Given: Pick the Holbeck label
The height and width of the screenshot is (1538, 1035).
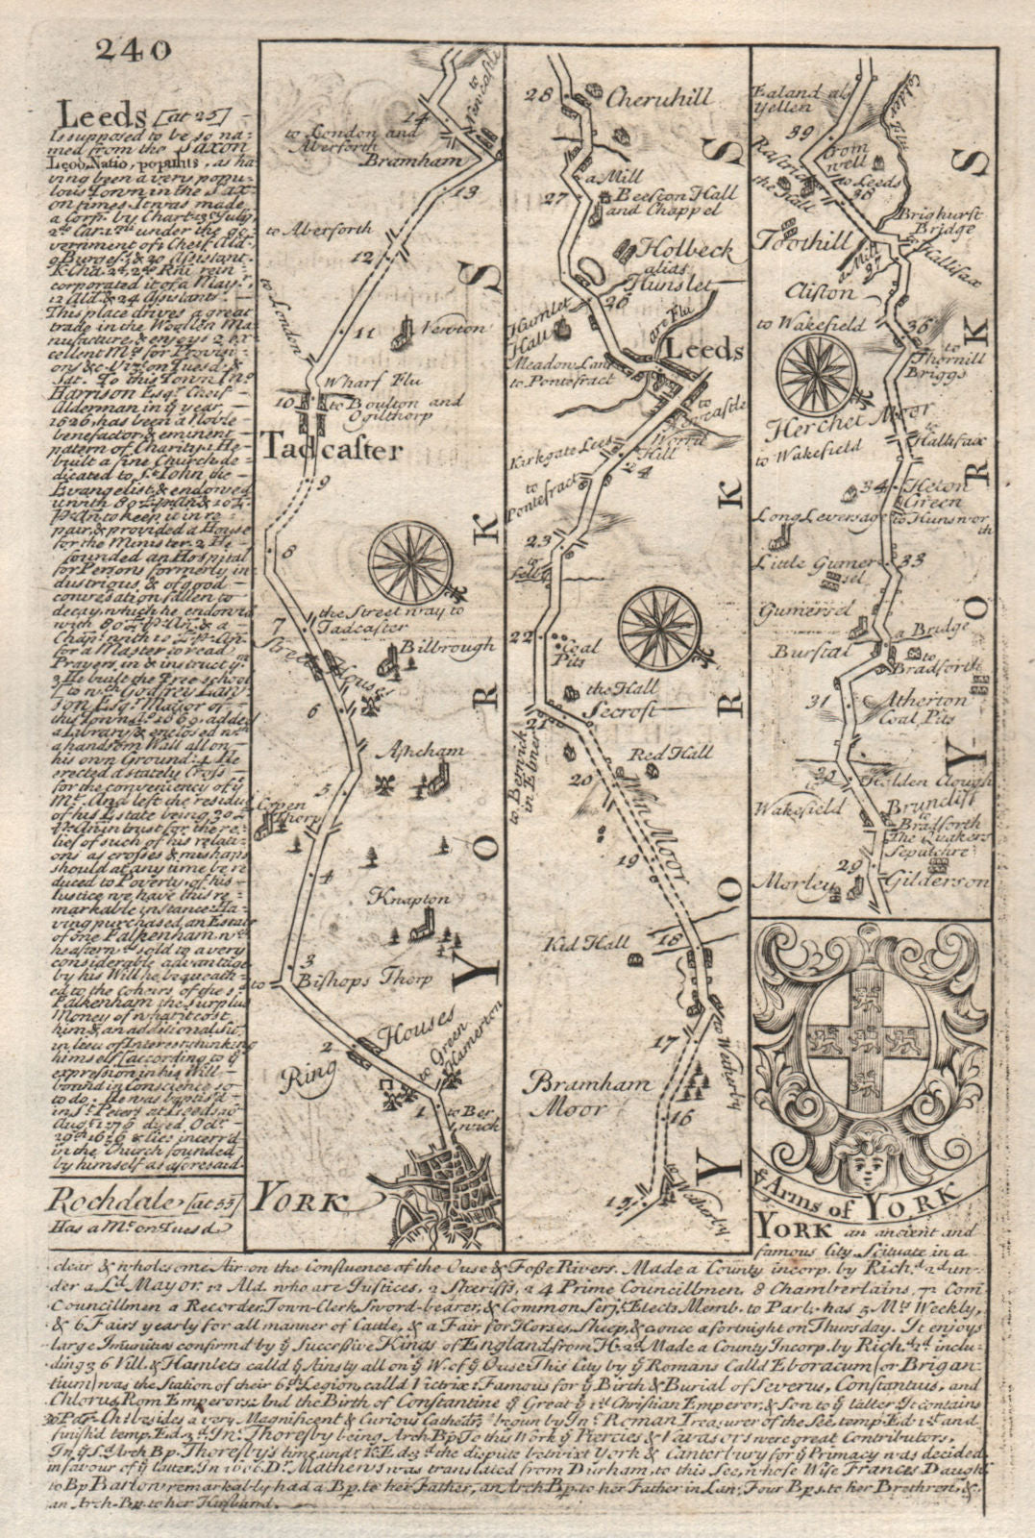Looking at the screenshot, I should (664, 249).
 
